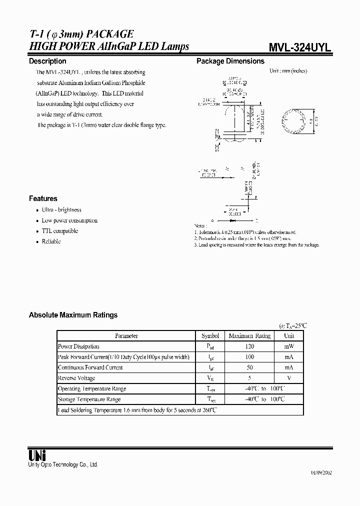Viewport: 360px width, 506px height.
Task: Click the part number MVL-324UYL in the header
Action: pyautogui.click(x=300, y=47)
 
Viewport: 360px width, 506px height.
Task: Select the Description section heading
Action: pyautogui.click(x=47, y=61)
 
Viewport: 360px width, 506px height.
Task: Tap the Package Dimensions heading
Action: pyautogui.click(x=230, y=61)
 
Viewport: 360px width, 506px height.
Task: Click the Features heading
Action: pyautogui.click(x=43, y=198)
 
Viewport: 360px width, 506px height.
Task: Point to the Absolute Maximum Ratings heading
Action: pyautogui.click(x=73, y=315)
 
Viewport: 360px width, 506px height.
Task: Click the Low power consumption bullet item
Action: pyautogui.click(x=69, y=220)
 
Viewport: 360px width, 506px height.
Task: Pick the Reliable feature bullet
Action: pyautogui.click(x=51, y=241)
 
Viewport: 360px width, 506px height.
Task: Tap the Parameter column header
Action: pyautogui.click(x=126, y=336)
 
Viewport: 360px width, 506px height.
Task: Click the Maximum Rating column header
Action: pyautogui.click(x=249, y=336)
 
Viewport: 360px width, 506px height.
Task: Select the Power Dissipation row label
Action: pyautogui.click(x=78, y=346)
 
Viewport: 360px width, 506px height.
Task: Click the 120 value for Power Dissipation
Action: pyautogui.click(x=249, y=346)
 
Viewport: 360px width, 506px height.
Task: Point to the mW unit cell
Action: pyautogui.click(x=289, y=346)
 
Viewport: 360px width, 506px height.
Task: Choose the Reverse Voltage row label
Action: pyautogui.click(x=76, y=378)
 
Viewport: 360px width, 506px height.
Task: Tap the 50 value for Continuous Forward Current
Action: pyautogui.click(x=249, y=367)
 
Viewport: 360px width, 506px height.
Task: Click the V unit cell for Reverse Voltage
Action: pyautogui.click(x=289, y=378)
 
